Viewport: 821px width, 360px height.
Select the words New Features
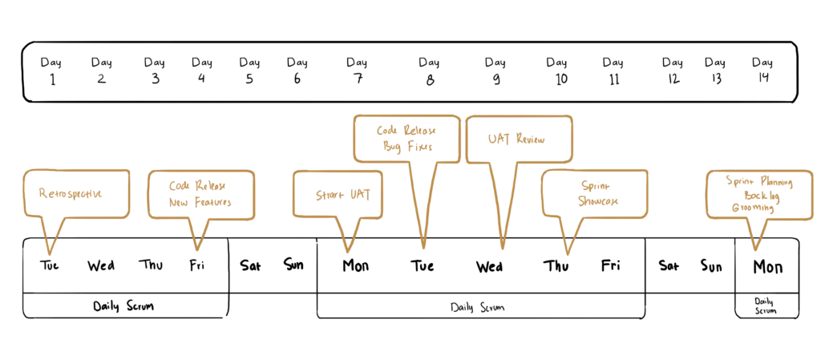[200, 203]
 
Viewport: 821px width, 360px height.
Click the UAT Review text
[516, 139]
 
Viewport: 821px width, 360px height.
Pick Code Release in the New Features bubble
[197, 185]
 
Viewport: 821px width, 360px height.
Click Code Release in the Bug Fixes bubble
[406, 129]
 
